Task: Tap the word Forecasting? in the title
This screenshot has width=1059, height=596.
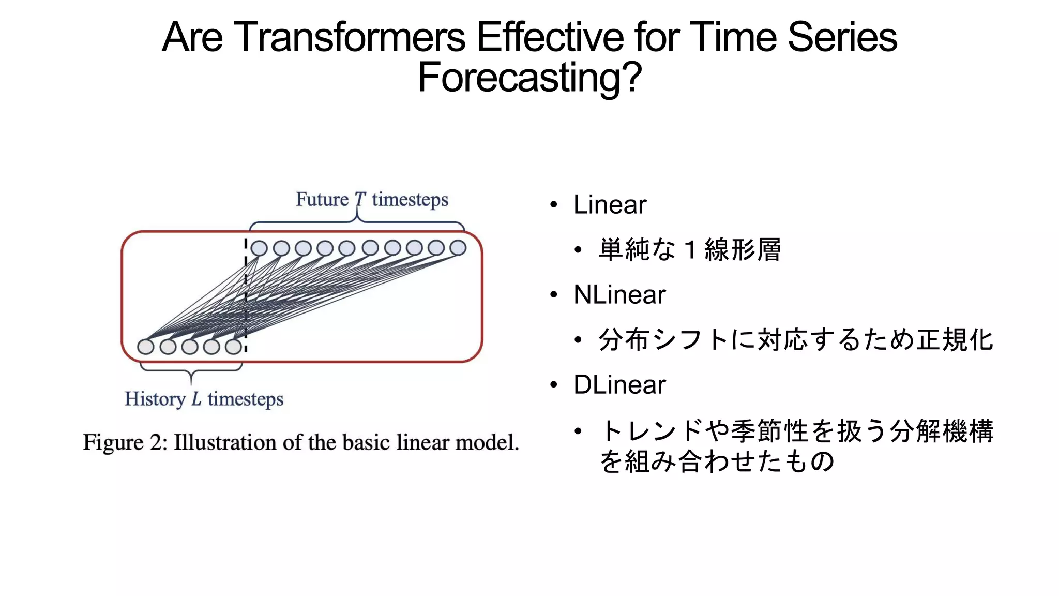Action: tap(529, 78)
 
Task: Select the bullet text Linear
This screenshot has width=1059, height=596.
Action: tap(610, 205)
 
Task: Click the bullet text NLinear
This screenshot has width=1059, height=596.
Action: tap(619, 295)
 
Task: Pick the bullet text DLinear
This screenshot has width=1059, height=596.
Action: tap(619, 385)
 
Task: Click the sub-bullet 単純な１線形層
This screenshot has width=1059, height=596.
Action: tap(689, 250)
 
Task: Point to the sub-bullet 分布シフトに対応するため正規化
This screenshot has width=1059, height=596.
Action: tap(796, 340)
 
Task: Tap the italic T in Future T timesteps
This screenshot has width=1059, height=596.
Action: tap(360, 200)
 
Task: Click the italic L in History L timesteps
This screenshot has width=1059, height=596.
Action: tap(196, 399)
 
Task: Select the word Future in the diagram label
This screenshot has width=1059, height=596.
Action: tap(322, 200)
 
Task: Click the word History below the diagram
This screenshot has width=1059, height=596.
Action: tap(155, 399)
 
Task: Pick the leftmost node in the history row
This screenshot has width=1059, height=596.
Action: tap(146, 347)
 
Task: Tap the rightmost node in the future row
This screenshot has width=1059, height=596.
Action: tap(458, 248)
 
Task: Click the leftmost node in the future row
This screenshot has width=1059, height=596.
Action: tap(259, 248)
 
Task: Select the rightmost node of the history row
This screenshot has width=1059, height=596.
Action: tap(234, 347)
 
